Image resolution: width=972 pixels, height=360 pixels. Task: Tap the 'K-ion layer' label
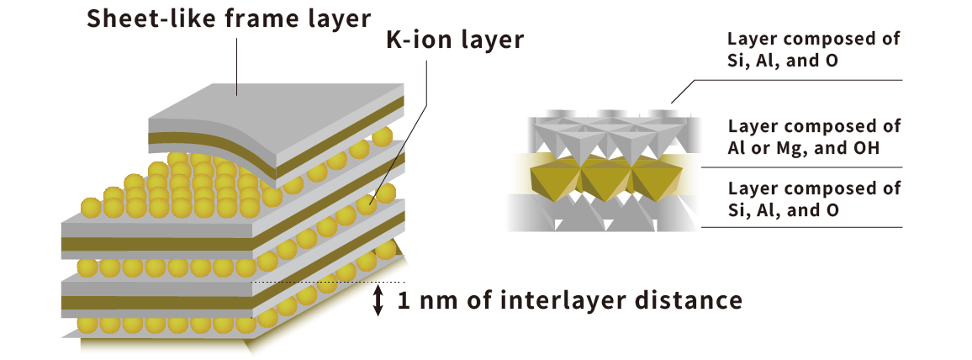click(x=454, y=40)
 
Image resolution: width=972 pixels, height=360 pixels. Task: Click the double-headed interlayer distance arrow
click(x=378, y=300)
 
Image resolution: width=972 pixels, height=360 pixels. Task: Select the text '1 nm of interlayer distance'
click(x=569, y=300)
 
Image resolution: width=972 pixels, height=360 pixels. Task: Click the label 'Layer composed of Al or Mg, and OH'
click(x=814, y=137)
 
